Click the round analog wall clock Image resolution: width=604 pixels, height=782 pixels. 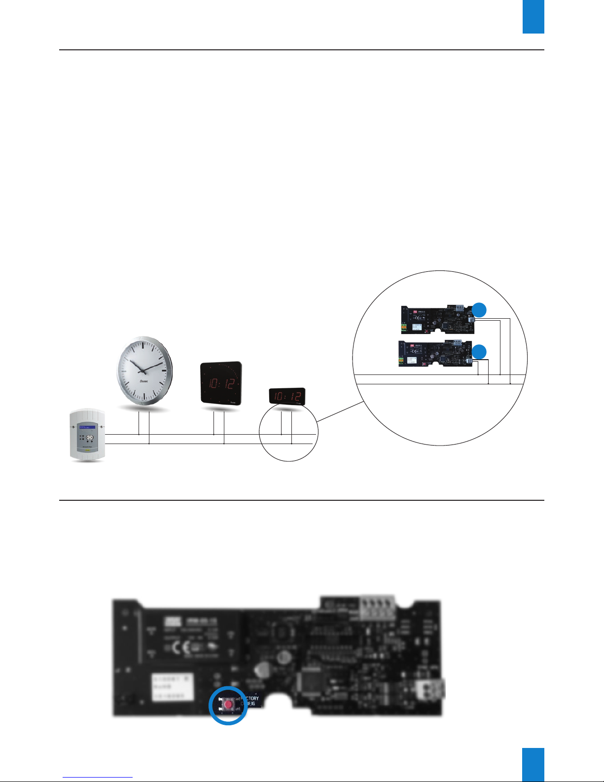click(144, 370)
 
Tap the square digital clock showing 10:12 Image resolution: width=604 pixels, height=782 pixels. click(221, 383)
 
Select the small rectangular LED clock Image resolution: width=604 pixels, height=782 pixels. click(287, 396)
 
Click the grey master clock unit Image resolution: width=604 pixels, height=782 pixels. click(87, 434)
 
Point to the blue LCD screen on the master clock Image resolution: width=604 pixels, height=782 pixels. click(87, 427)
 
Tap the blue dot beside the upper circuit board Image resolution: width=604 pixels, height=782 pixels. click(479, 310)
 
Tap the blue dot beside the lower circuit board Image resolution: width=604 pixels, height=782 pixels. click(479, 351)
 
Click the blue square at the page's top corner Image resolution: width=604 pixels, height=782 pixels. click(533, 17)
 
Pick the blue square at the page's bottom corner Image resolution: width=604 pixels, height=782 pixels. click(533, 765)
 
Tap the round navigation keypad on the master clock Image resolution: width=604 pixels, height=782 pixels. click(90, 438)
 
